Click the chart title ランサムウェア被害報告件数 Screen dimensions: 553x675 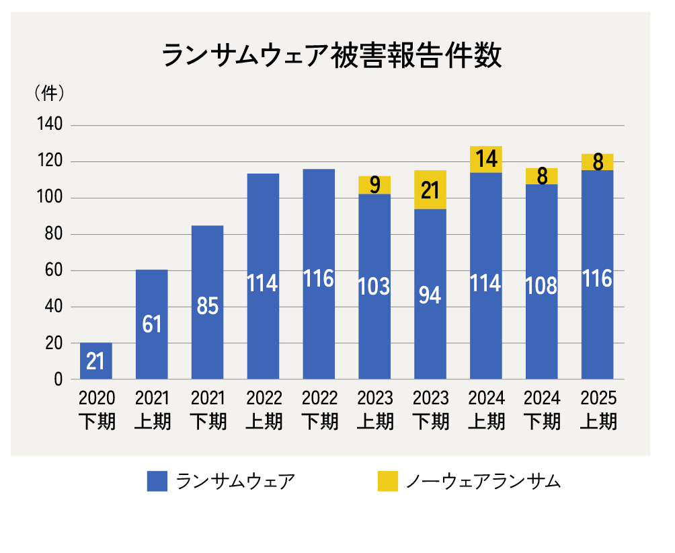pyautogui.click(x=331, y=57)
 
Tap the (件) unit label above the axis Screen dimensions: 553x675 pyautogui.click(x=48, y=94)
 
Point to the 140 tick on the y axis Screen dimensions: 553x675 pyautogui.click(x=48, y=125)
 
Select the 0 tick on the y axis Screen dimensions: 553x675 pyautogui.click(x=58, y=379)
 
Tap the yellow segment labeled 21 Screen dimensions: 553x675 pyautogui.click(x=430, y=190)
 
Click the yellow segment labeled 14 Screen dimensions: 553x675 pyautogui.click(x=486, y=159)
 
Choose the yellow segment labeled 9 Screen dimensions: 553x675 pyautogui.click(x=374, y=185)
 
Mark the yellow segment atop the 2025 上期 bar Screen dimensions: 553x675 pyautogui.click(x=598, y=162)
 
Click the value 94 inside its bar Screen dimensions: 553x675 pyautogui.click(x=430, y=294)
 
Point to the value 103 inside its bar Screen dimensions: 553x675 pyautogui.click(x=374, y=286)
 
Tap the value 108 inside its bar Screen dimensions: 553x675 pyautogui.click(x=542, y=285)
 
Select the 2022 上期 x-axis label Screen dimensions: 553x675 pyautogui.click(x=264, y=410)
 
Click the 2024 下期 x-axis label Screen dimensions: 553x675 pyautogui.click(x=542, y=410)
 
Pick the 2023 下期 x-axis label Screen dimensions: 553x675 pyautogui.click(x=430, y=410)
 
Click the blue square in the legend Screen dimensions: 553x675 pyautogui.click(x=157, y=481)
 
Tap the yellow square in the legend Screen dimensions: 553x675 pyautogui.click(x=388, y=481)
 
